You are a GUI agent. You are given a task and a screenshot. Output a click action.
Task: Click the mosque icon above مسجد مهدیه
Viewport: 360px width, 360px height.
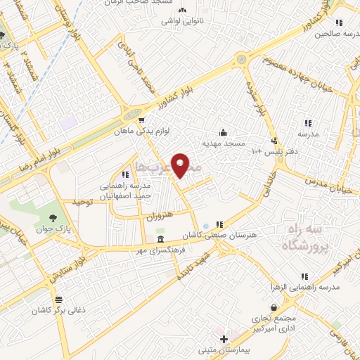(x=224, y=131)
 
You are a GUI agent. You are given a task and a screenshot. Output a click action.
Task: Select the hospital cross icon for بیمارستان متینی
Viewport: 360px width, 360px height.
(x=223, y=339)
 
